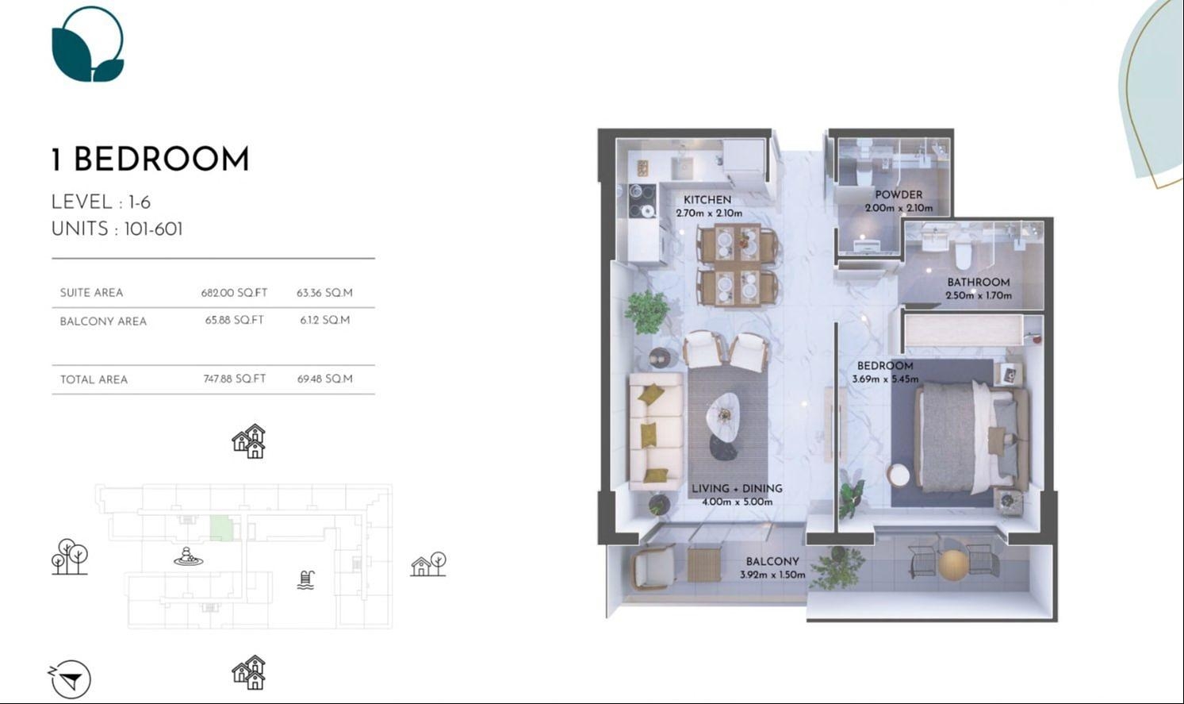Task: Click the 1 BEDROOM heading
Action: pos(150,160)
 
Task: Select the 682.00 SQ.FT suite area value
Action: pos(234,293)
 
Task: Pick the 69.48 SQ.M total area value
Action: pos(324,379)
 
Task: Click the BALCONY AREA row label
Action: pos(103,321)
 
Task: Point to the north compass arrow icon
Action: pos(71,679)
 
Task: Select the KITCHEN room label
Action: pos(707,200)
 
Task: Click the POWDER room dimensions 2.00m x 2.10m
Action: pos(899,209)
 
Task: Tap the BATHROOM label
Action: pos(979,283)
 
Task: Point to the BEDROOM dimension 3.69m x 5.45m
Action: pos(885,379)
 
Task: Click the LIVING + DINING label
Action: pos(737,489)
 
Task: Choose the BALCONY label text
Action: pos(772,562)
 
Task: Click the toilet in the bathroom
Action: pos(964,254)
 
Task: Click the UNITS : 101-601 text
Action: pos(117,229)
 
